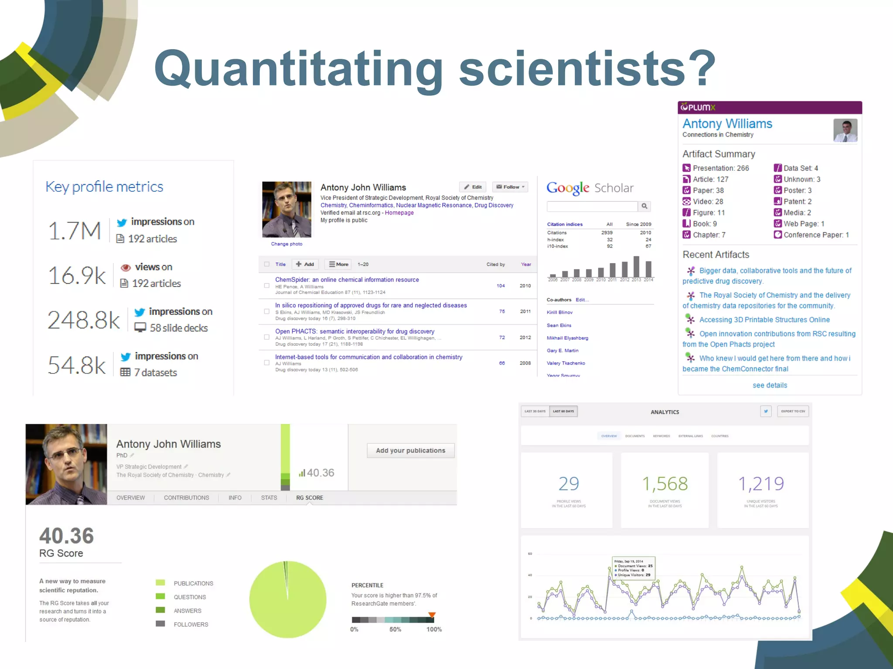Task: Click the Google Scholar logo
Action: click(x=590, y=188)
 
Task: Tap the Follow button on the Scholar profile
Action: click(x=510, y=187)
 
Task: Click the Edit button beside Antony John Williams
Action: click(x=473, y=187)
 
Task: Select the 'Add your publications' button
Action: click(x=410, y=450)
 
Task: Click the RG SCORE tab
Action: click(x=310, y=498)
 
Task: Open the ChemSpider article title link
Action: click(x=347, y=280)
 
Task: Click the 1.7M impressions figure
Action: click(x=75, y=230)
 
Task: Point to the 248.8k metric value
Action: click(x=83, y=320)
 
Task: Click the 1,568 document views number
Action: click(x=665, y=484)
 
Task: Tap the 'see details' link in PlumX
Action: click(x=770, y=385)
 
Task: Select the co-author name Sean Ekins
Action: click(x=559, y=325)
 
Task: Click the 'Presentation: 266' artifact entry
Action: click(x=720, y=168)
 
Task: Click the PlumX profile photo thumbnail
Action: click(x=845, y=130)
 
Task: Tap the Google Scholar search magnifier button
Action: click(x=644, y=206)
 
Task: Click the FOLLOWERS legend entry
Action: click(x=191, y=625)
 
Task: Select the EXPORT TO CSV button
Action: click(x=793, y=411)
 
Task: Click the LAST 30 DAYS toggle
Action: click(x=535, y=411)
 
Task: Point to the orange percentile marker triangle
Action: click(x=432, y=615)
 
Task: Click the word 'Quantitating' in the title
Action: click(x=298, y=69)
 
